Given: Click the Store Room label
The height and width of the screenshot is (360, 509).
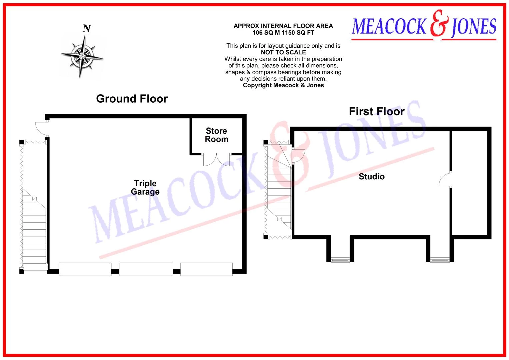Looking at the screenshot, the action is [216, 135].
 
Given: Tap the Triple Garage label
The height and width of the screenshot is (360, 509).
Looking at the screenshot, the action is [145, 187].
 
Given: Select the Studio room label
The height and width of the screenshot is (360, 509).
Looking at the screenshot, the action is [372, 177].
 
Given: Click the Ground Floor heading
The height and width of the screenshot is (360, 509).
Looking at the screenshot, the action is [132, 99].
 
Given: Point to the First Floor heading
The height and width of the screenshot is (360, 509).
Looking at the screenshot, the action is [377, 111].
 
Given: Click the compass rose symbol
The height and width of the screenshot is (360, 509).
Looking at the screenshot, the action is [82, 56].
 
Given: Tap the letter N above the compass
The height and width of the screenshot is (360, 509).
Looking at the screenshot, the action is [87, 28].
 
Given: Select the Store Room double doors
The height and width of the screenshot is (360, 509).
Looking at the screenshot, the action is [216, 160].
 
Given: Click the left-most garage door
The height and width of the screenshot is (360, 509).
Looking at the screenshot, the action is [85, 269].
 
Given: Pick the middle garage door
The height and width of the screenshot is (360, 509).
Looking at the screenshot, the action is [146, 269].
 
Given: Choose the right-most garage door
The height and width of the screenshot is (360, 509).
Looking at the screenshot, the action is [206, 269].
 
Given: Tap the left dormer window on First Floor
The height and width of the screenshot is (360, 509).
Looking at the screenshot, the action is [340, 260].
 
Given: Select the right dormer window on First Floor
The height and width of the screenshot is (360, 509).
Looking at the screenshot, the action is [440, 260].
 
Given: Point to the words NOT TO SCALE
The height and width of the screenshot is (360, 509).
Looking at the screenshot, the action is [283, 52].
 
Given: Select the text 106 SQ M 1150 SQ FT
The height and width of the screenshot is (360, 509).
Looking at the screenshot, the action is [283, 33].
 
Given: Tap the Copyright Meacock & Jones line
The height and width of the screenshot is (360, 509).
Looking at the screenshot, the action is [283, 85].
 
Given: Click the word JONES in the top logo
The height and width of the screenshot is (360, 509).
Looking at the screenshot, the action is [474, 27].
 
